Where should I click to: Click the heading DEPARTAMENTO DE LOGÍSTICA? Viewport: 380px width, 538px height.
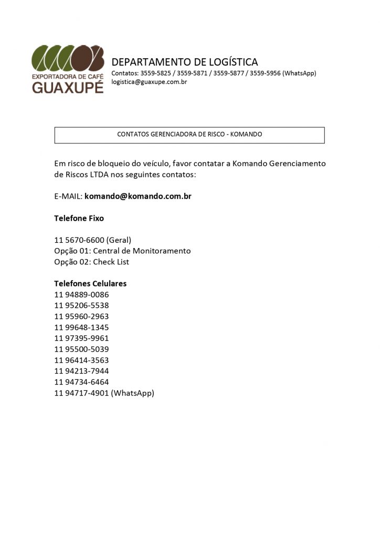pyautogui.click(x=185, y=62)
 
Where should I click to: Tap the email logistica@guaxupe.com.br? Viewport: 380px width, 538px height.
pyautogui.click(x=150, y=82)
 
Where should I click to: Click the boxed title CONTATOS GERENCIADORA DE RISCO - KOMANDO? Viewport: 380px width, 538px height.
pyautogui.click(x=189, y=134)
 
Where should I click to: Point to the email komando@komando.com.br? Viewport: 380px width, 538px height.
pyautogui.click(x=138, y=196)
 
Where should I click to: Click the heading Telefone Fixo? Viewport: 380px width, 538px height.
pyautogui.click(x=79, y=218)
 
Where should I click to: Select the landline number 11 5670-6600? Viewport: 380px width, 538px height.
pyautogui.click(x=79, y=240)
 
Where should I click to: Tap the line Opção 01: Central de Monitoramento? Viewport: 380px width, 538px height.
pyautogui.click(x=122, y=251)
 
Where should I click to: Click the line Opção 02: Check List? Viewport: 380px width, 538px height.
pyautogui.click(x=91, y=262)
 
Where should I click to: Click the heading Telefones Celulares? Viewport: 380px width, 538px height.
pyautogui.click(x=90, y=284)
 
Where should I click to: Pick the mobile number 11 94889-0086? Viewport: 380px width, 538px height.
pyautogui.click(x=81, y=295)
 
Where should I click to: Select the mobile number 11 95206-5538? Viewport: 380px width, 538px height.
pyautogui.click(x=81, y=305)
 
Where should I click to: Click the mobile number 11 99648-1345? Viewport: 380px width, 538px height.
pyautogui.click(x=81, y=327)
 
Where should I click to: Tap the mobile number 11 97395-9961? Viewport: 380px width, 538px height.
pyautogui.click(x=81, y=338)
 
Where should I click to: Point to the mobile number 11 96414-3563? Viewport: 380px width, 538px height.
pyautogui.click(x=81, y=360)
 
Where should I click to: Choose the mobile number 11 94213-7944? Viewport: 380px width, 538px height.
pyautogui.click(x=81, y=371)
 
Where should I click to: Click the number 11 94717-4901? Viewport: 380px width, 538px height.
pyautogui.click(x=81, y=393)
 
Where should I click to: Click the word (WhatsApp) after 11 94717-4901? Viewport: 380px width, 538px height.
pyautogui.click(x=133, y=393)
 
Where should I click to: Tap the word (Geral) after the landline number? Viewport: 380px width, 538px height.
pyautogui.click(x=119, y=240)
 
